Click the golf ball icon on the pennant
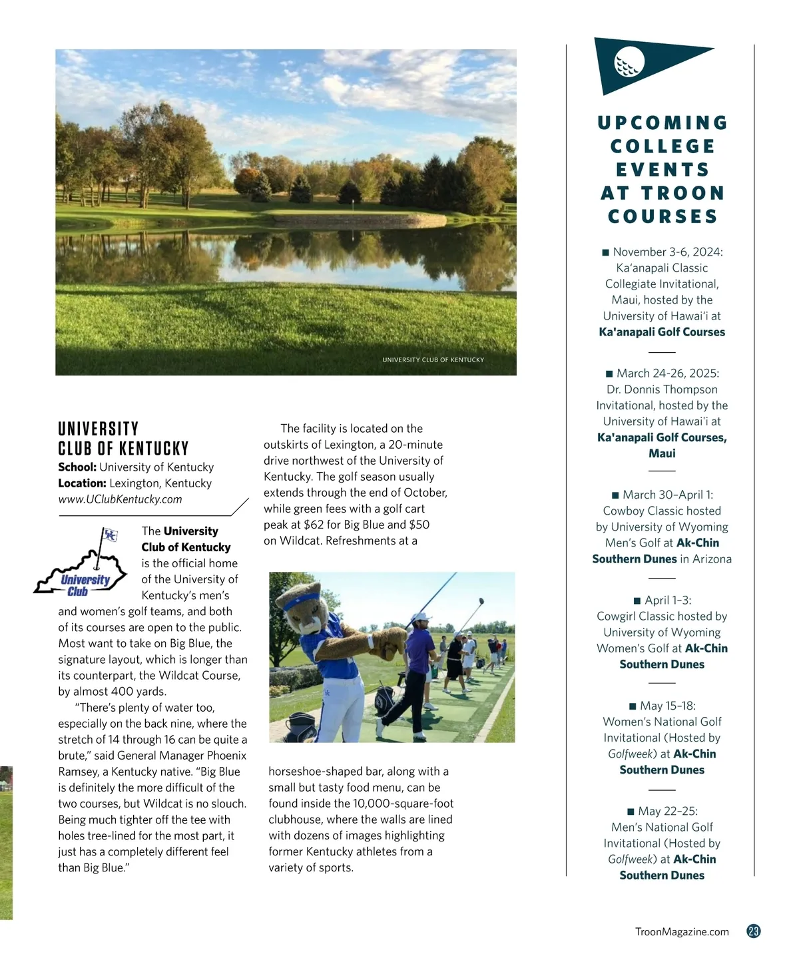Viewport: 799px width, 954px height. point(630,61)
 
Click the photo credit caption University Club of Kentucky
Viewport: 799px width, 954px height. point(433,359)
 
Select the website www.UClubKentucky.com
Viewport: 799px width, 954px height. point(120,499)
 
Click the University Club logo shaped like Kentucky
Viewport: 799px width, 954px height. point(82,565)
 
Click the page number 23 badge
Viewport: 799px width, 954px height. point(754,931)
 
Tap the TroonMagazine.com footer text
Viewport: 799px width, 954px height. point(682,932)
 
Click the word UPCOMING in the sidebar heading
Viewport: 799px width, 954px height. point(663,123)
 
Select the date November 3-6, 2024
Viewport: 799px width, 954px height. point(667,252)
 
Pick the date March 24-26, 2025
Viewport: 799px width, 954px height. point(667,373)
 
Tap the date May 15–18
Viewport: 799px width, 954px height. point(667,706)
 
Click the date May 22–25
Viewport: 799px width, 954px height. point(667,811)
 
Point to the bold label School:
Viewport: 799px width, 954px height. point(77,467)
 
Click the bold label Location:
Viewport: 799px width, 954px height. point(82,483)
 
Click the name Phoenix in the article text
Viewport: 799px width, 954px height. point(226,756)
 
